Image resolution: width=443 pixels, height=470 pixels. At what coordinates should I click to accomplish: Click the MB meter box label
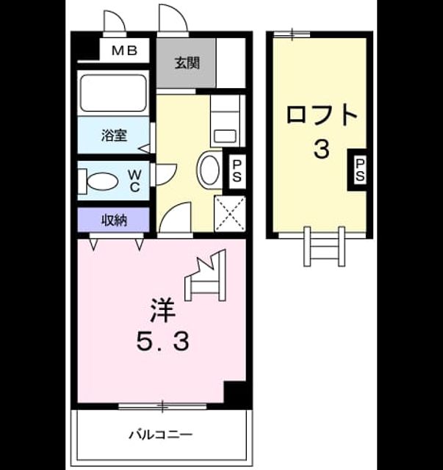click(124, 51)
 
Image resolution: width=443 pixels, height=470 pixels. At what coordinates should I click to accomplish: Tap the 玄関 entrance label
click(187, 63)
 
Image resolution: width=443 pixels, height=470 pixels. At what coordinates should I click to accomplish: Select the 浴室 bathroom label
click(114, 135)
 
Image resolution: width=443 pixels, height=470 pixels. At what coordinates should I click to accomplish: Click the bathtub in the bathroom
click(113, 93)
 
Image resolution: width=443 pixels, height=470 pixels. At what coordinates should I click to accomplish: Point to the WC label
click(134, 181)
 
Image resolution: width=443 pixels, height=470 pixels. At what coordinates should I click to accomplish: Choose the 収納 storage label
click(114, 220)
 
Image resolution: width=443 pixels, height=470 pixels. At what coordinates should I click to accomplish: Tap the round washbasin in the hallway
click(209, 170)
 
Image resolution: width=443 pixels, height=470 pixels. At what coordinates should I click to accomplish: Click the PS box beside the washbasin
click(237, 171)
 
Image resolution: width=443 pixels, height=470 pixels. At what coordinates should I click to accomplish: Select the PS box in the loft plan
click(360, 170)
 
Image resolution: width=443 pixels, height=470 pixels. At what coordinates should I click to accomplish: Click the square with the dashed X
click(230, 214)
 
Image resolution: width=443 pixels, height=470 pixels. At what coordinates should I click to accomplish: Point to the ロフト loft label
click(322, 115)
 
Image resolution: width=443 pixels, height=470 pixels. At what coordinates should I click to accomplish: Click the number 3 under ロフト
click(322, 149)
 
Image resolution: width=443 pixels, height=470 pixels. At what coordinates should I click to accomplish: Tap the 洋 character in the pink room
click(163, 310)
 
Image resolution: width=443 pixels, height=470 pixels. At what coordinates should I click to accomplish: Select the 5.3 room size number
click(163, 341)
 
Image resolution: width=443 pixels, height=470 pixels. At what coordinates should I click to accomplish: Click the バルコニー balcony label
click(160, 434)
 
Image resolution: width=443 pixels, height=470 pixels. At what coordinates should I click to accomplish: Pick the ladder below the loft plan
click(324, 247)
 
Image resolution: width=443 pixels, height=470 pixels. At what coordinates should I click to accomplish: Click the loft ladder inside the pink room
click(206, 275)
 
